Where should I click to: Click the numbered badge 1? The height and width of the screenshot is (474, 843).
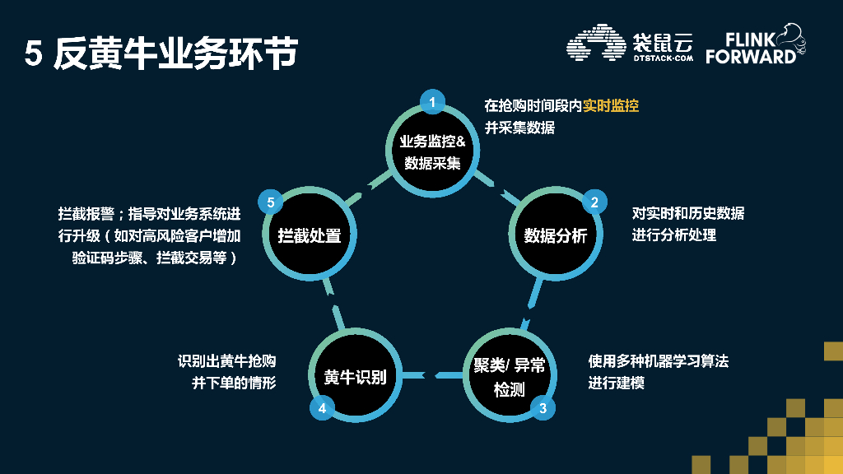coord(432,102)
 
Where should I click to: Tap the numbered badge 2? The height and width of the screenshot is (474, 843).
coord(594,202)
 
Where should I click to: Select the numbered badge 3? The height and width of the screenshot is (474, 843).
coord(542,407)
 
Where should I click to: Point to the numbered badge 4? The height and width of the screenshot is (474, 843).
coord(322,407)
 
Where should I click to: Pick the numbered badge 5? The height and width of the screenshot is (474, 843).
coord(270,202)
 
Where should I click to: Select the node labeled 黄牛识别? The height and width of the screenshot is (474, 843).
coord(355,377)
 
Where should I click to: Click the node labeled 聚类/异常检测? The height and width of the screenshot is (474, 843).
coord(509,377)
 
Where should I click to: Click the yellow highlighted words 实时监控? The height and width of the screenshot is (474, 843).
coord(611,105)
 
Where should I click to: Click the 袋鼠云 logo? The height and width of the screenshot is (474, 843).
coord(631,46)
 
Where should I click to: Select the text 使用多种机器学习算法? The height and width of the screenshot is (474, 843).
coord(659,361)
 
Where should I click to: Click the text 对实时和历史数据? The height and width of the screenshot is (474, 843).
coord(688,213)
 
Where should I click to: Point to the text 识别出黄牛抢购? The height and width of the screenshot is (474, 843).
coord(226,361)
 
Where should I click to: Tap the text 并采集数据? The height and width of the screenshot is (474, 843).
coord(519,128)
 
